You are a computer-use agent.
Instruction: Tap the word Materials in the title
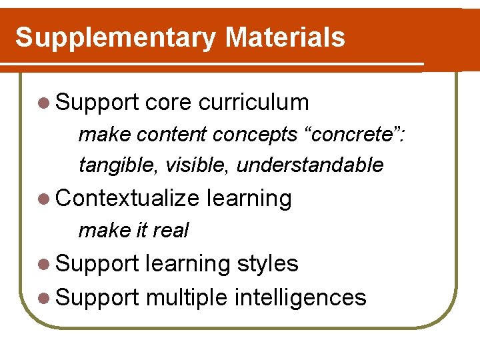coord(285,37)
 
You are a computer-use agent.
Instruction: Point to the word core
coord(168,103)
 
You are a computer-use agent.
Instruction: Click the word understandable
coord(310,165)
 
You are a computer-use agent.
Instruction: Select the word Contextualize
coord(128,199)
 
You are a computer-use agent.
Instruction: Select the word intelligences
coord(300,297)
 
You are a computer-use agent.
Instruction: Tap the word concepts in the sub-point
coord(255,134)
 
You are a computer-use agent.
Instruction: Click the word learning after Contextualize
coord(249,199)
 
